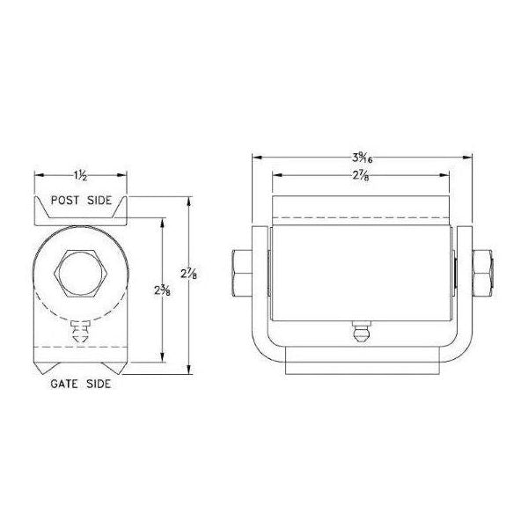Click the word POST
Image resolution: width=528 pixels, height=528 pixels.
[x=66, y=201]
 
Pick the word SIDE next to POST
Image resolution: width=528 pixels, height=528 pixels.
[x=99, y=201]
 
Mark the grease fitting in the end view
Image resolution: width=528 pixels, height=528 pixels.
[x=81, y=334]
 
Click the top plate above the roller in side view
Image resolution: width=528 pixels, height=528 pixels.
[x=361, y=208]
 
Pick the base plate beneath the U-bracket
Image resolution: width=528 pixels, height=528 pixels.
[x=361, y=363]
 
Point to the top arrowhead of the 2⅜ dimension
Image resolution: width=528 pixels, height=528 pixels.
[x=162, y=222]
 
